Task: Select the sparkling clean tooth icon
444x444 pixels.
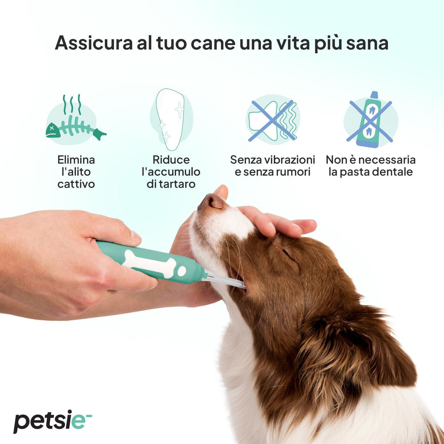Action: pos(171,117)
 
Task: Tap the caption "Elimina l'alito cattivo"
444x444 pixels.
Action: pos(76,172)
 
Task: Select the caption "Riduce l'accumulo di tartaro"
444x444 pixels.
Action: pos(171,172)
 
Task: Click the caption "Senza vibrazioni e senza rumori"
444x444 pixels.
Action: pos(273,166)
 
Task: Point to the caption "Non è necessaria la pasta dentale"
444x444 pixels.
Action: pos(370,166)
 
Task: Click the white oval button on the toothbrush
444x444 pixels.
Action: pos(182,271)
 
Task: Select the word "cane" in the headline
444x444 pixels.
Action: pos(213,43)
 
